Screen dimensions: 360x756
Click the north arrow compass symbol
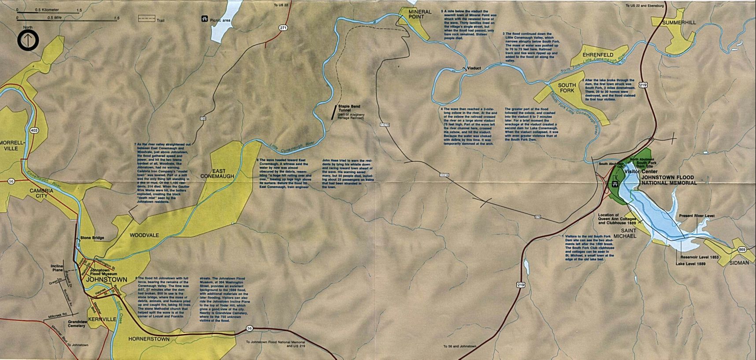click(28, 41)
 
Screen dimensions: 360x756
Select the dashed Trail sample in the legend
click(147, 19)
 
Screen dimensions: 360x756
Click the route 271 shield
click(283, 28)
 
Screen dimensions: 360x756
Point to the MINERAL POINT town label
click(419, 15)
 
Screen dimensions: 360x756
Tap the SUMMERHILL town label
click(679, 22)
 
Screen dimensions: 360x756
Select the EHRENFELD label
click(598, 55)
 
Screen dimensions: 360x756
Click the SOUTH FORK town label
click(567, 88)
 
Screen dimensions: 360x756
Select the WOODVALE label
click(144, 235)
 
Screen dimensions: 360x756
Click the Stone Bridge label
click(92, 238)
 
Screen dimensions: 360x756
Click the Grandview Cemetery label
click(77, 324)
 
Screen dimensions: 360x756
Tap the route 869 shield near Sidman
click(742, 250)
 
